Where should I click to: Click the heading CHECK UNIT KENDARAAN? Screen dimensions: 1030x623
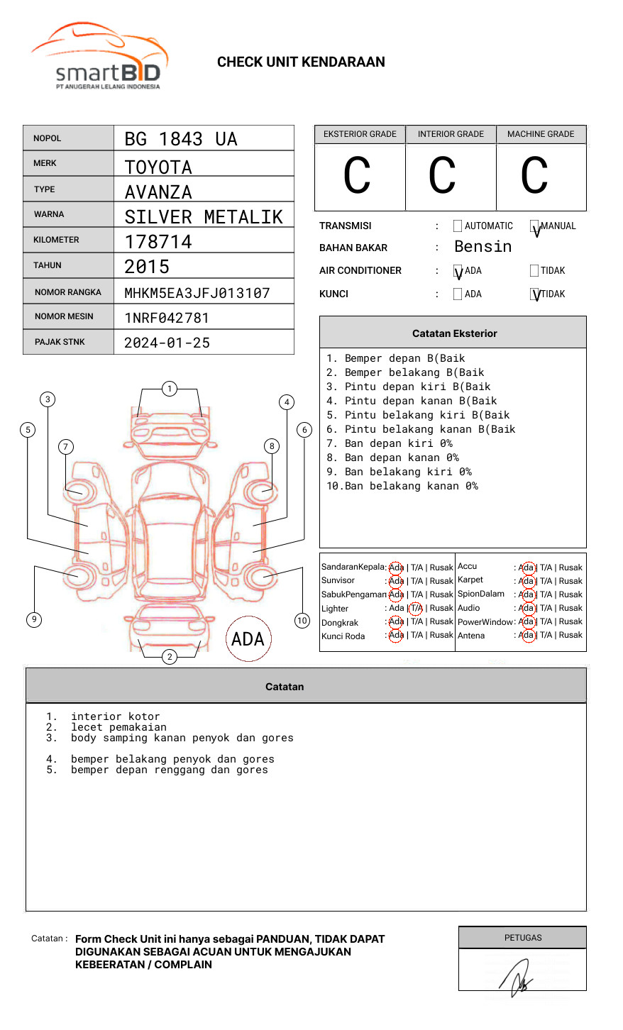301,62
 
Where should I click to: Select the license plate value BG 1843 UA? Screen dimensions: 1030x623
181,139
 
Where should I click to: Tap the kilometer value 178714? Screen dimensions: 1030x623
158,242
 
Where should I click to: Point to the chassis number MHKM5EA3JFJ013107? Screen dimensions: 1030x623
197,293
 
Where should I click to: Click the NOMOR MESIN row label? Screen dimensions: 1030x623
64,316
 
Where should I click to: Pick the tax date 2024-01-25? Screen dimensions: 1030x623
167,343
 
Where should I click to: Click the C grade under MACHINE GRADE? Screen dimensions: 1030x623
534,176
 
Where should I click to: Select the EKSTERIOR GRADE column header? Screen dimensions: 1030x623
360,134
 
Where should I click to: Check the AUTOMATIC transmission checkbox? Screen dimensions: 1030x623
458,226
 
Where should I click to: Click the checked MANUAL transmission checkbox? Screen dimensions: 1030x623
534,226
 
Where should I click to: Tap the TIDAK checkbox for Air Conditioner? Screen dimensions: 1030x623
534,270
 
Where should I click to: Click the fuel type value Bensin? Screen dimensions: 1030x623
483,247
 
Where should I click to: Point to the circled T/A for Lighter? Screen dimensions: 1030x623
417,608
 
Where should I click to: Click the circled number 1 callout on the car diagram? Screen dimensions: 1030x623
169,388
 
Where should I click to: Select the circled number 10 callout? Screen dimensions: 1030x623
302,620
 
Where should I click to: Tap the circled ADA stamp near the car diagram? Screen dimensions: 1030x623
248,638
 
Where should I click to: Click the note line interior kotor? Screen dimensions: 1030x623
115,716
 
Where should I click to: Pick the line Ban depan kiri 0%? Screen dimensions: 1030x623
398,443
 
